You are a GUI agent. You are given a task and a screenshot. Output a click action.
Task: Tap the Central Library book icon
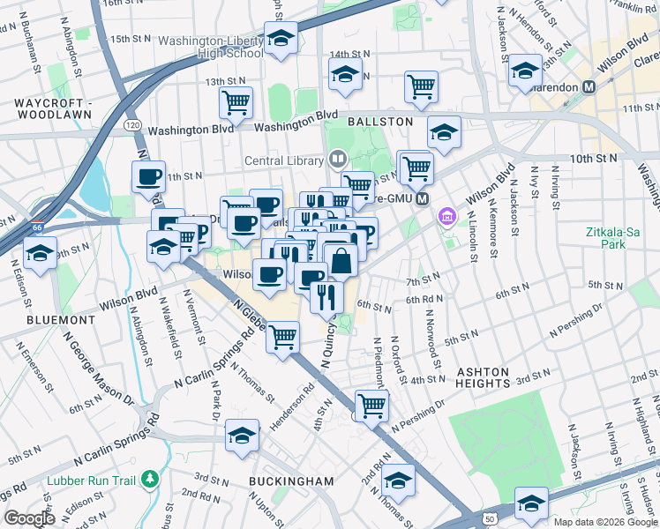pyautogui.click(x=336, y=160)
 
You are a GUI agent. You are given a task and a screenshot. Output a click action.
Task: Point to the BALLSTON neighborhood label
pyautogui.click(x=380, y=121)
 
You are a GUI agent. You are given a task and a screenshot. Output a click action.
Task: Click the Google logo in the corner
pyautogui.click(x=29, y=518)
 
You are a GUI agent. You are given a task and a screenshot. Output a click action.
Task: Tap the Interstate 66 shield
pyautogui.click(x=36, y=227)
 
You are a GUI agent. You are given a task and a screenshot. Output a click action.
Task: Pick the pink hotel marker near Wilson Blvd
pyautogui.click(x=447, y=216)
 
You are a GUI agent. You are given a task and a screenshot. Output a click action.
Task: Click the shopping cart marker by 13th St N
pyautogui.click(x=236, y=102)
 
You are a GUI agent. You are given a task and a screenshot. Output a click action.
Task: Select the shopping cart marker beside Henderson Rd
pyautogui.click(x=282, y=337)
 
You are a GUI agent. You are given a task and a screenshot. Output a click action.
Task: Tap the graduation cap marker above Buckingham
pyautogui.click(x=241, y=435)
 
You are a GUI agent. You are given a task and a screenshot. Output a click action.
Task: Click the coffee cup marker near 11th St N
pyautogui.click(x=148, y=176)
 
